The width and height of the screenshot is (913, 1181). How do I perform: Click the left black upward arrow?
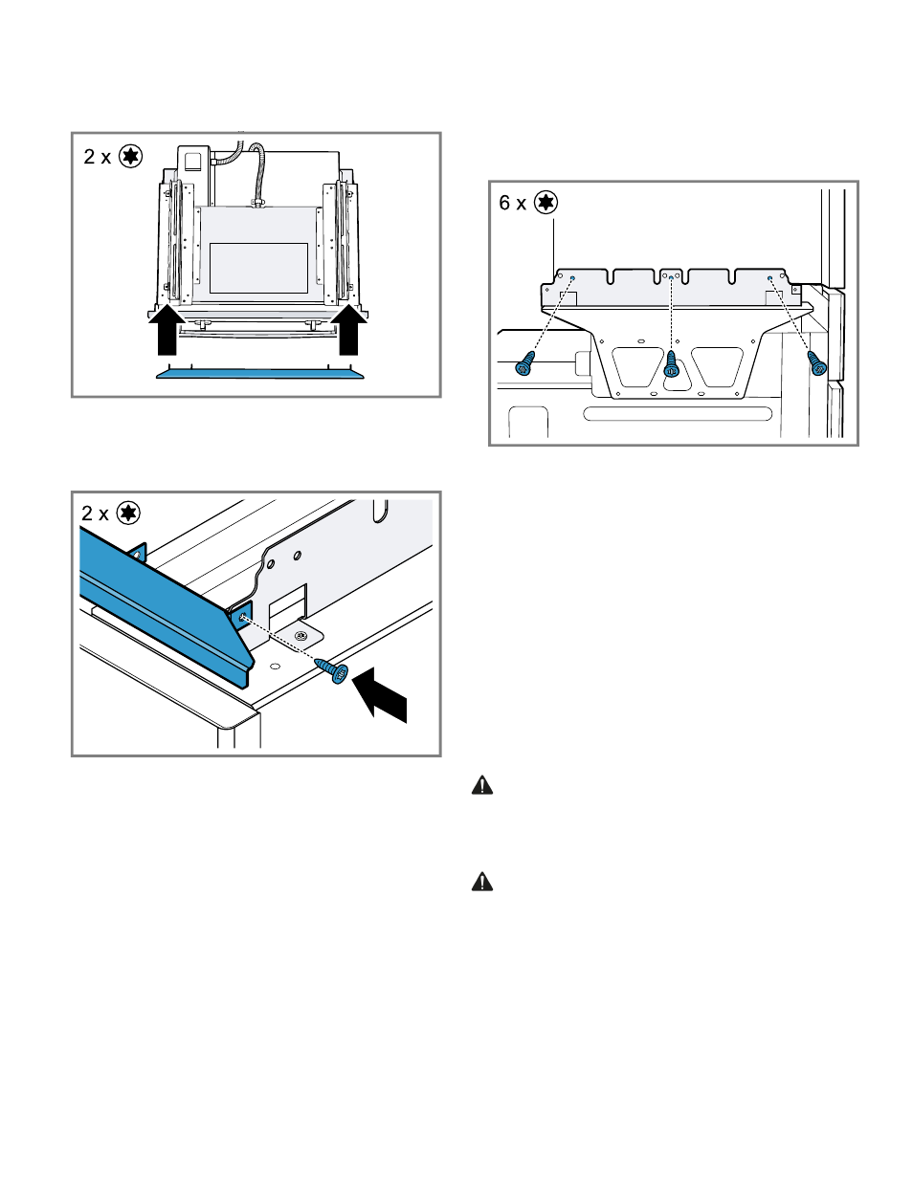click(167, 332)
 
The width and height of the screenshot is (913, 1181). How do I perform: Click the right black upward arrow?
click(349, 332)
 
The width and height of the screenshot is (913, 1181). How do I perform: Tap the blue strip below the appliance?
click(260, 373)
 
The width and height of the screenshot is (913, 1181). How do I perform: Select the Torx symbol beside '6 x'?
click(546, 203)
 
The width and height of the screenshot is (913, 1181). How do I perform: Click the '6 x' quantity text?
click(512, 203)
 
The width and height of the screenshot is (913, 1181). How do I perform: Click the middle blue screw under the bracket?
click(671, 364)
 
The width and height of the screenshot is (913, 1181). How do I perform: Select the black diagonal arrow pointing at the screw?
click(380, 696)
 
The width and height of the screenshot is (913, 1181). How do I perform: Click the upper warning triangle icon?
click(482, 786)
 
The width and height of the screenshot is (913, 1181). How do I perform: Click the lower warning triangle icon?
click(482, 882)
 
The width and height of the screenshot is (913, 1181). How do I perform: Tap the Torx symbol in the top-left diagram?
click(130, 156)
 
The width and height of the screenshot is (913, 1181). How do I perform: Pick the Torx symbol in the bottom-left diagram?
click(128, 514)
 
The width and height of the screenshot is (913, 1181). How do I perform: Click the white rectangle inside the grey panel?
click(258, 268)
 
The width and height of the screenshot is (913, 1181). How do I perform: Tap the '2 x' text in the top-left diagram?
click(97, 157)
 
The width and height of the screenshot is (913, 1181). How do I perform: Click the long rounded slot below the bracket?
click(678, 414)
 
